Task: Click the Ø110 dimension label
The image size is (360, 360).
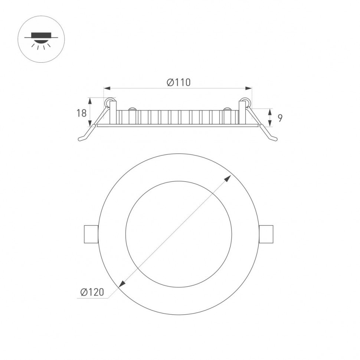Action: click(x=178, y=82)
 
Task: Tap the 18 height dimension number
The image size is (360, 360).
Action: click(x=81, y=113)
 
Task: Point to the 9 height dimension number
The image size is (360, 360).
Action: click(x=280, y=118)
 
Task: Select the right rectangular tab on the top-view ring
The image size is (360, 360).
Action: click(x=266, y=234)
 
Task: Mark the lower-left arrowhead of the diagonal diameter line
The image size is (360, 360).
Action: click(x=122, y=284)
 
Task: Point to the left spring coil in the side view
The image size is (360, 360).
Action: click(x=109, y=101)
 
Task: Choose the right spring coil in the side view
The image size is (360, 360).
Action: click(x=245, y=101)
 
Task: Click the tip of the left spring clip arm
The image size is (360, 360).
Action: click(x=80, y=140)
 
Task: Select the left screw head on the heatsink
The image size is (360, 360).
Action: click(x=131, y=109)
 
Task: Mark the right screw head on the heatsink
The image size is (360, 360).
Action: click(x=227, y=109)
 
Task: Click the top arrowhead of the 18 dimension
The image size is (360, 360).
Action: click(x=89, y=100)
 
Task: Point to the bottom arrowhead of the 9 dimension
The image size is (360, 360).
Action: click(x=270, y=124)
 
